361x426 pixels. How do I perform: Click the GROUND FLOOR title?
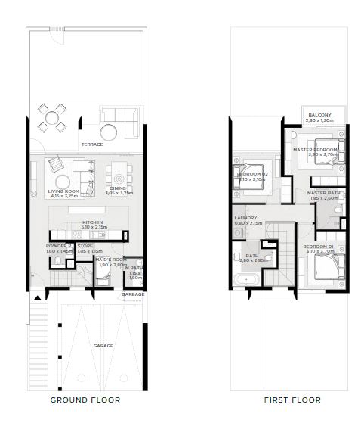85,400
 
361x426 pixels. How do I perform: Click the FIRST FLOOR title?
292,400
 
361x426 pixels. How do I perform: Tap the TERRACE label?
92,144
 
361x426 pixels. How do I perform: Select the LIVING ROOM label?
63,191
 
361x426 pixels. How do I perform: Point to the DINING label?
119,188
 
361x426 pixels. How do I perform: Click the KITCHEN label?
93,222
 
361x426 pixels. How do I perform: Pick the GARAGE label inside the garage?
103,346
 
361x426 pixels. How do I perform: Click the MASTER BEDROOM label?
314,150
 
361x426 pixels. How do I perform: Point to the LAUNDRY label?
245,217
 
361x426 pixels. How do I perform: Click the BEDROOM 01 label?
317,247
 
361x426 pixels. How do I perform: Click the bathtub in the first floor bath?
248,281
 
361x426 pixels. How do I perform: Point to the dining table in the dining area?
119,172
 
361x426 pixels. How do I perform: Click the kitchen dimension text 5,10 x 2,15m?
93,228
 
